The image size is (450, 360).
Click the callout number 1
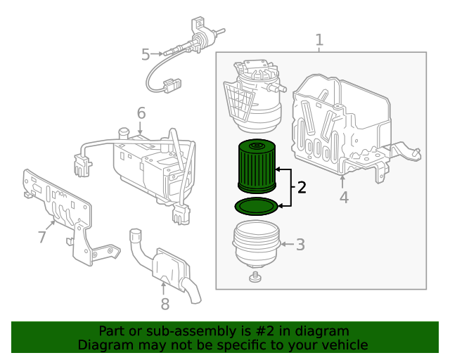319,39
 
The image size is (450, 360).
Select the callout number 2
302,187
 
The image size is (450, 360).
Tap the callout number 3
300,245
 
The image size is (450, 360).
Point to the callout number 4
343,198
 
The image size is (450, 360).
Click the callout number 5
146,53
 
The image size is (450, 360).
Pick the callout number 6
141,112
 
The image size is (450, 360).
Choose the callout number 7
42,237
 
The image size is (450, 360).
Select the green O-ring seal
256,207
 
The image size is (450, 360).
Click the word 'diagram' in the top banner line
323,330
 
